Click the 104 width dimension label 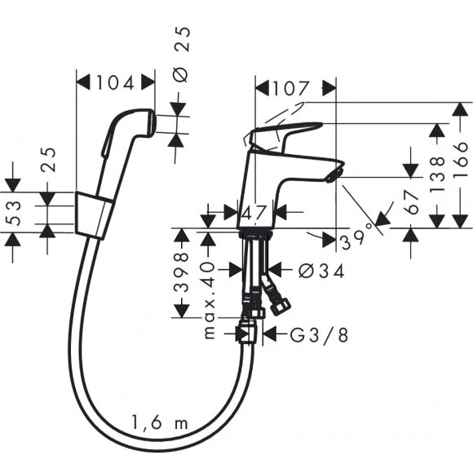(x=115, y=82)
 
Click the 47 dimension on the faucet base (x=256, y=213)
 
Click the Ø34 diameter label (x=308, y=269)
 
